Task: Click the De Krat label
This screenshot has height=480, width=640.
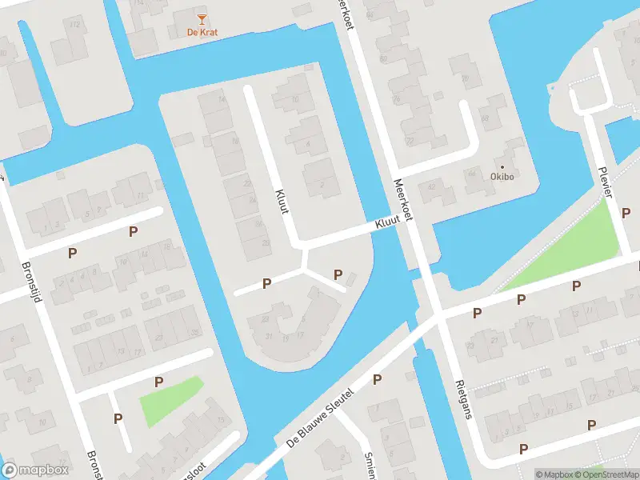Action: (202, 32)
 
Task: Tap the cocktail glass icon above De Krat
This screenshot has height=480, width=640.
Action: (202, 18)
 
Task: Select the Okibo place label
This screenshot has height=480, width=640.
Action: (502, 177)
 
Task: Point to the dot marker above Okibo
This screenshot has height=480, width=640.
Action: (502, 166)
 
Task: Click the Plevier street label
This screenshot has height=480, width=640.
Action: (606, 182)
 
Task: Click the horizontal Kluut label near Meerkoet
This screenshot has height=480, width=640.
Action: (386, 227)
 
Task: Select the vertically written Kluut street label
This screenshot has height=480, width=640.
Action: (282, 201)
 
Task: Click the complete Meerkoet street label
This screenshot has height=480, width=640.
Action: (402, 200)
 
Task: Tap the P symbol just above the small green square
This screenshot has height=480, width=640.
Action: (158, 382)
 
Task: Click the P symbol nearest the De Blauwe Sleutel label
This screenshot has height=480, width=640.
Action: (377, 379)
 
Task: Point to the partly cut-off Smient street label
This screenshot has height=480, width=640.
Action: (370, 464)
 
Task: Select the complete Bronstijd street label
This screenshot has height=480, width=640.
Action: (37, 284)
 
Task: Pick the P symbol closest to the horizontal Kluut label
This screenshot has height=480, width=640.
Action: (338, 275)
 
